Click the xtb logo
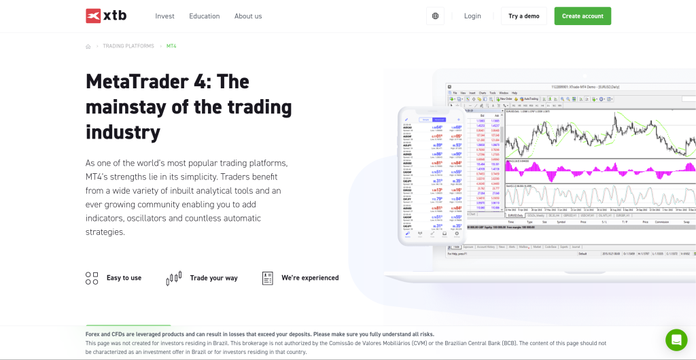pos(105,16)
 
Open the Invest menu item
pos(164,16)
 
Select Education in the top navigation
pos(205,16)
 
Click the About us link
pos(248,16)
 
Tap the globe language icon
pos(435,16)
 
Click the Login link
pos(472,16)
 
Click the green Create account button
pos(582,16)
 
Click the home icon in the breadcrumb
pos(88,47)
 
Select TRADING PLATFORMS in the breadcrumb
pos(128,46)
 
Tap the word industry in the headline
pos(123,131)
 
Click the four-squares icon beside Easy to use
pos(92,278)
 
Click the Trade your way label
pos(213,278)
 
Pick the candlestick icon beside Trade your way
pos(174,278)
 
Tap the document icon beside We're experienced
pos(268,278)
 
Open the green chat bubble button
pos(676,340)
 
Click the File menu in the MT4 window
pos(455,92)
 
